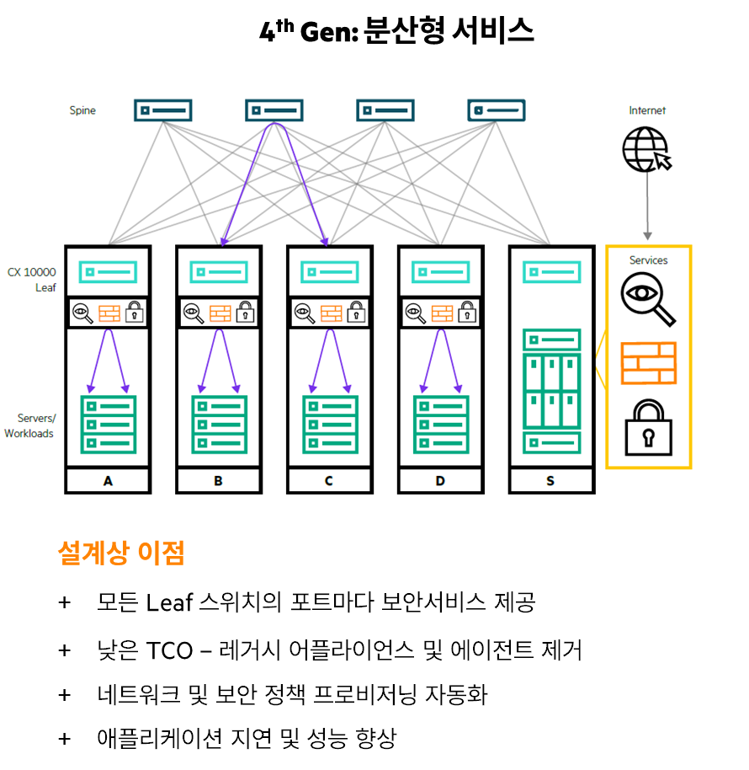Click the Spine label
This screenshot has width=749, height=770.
(x=82, y=110)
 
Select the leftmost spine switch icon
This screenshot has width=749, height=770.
(x=163, y=110)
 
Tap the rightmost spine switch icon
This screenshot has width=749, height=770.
(x=497, y=110)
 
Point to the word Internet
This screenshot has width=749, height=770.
(x=647, y=110)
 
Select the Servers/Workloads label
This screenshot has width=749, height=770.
(x=31, y=426)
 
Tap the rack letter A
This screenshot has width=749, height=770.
(x=108, y=481)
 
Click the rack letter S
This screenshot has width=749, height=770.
(x=550, y=481)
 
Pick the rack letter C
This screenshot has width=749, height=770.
(x=328, y=481)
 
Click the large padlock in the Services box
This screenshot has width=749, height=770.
(x=647, y=427)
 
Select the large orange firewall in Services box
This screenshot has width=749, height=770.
(x=648, y=363)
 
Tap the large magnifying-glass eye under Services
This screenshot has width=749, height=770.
(x=647, y=300)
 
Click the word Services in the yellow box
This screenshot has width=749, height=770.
(x=648, y=260)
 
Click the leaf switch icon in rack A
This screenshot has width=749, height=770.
(x=108, y=272)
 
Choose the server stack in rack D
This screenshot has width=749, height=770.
(x=441, y=425)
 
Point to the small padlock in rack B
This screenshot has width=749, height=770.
(x=245, y=312)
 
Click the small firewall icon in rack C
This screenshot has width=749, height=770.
(x=331, y=313)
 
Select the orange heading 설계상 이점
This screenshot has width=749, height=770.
(x=120, y=553)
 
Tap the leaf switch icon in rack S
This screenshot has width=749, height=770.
(x=551, y=272)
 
